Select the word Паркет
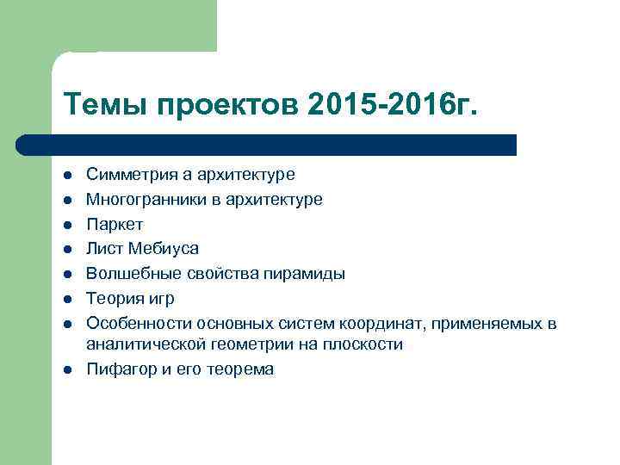pyautogui.click(x=115, y=225)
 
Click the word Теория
pyautogui.click(x=114, y=299)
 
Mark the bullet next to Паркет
pyautogui.click(x=67, y=225)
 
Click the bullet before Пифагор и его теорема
pyautogui.click(x=67, y=369)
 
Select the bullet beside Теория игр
pyautogui.click(x=67, y=299)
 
